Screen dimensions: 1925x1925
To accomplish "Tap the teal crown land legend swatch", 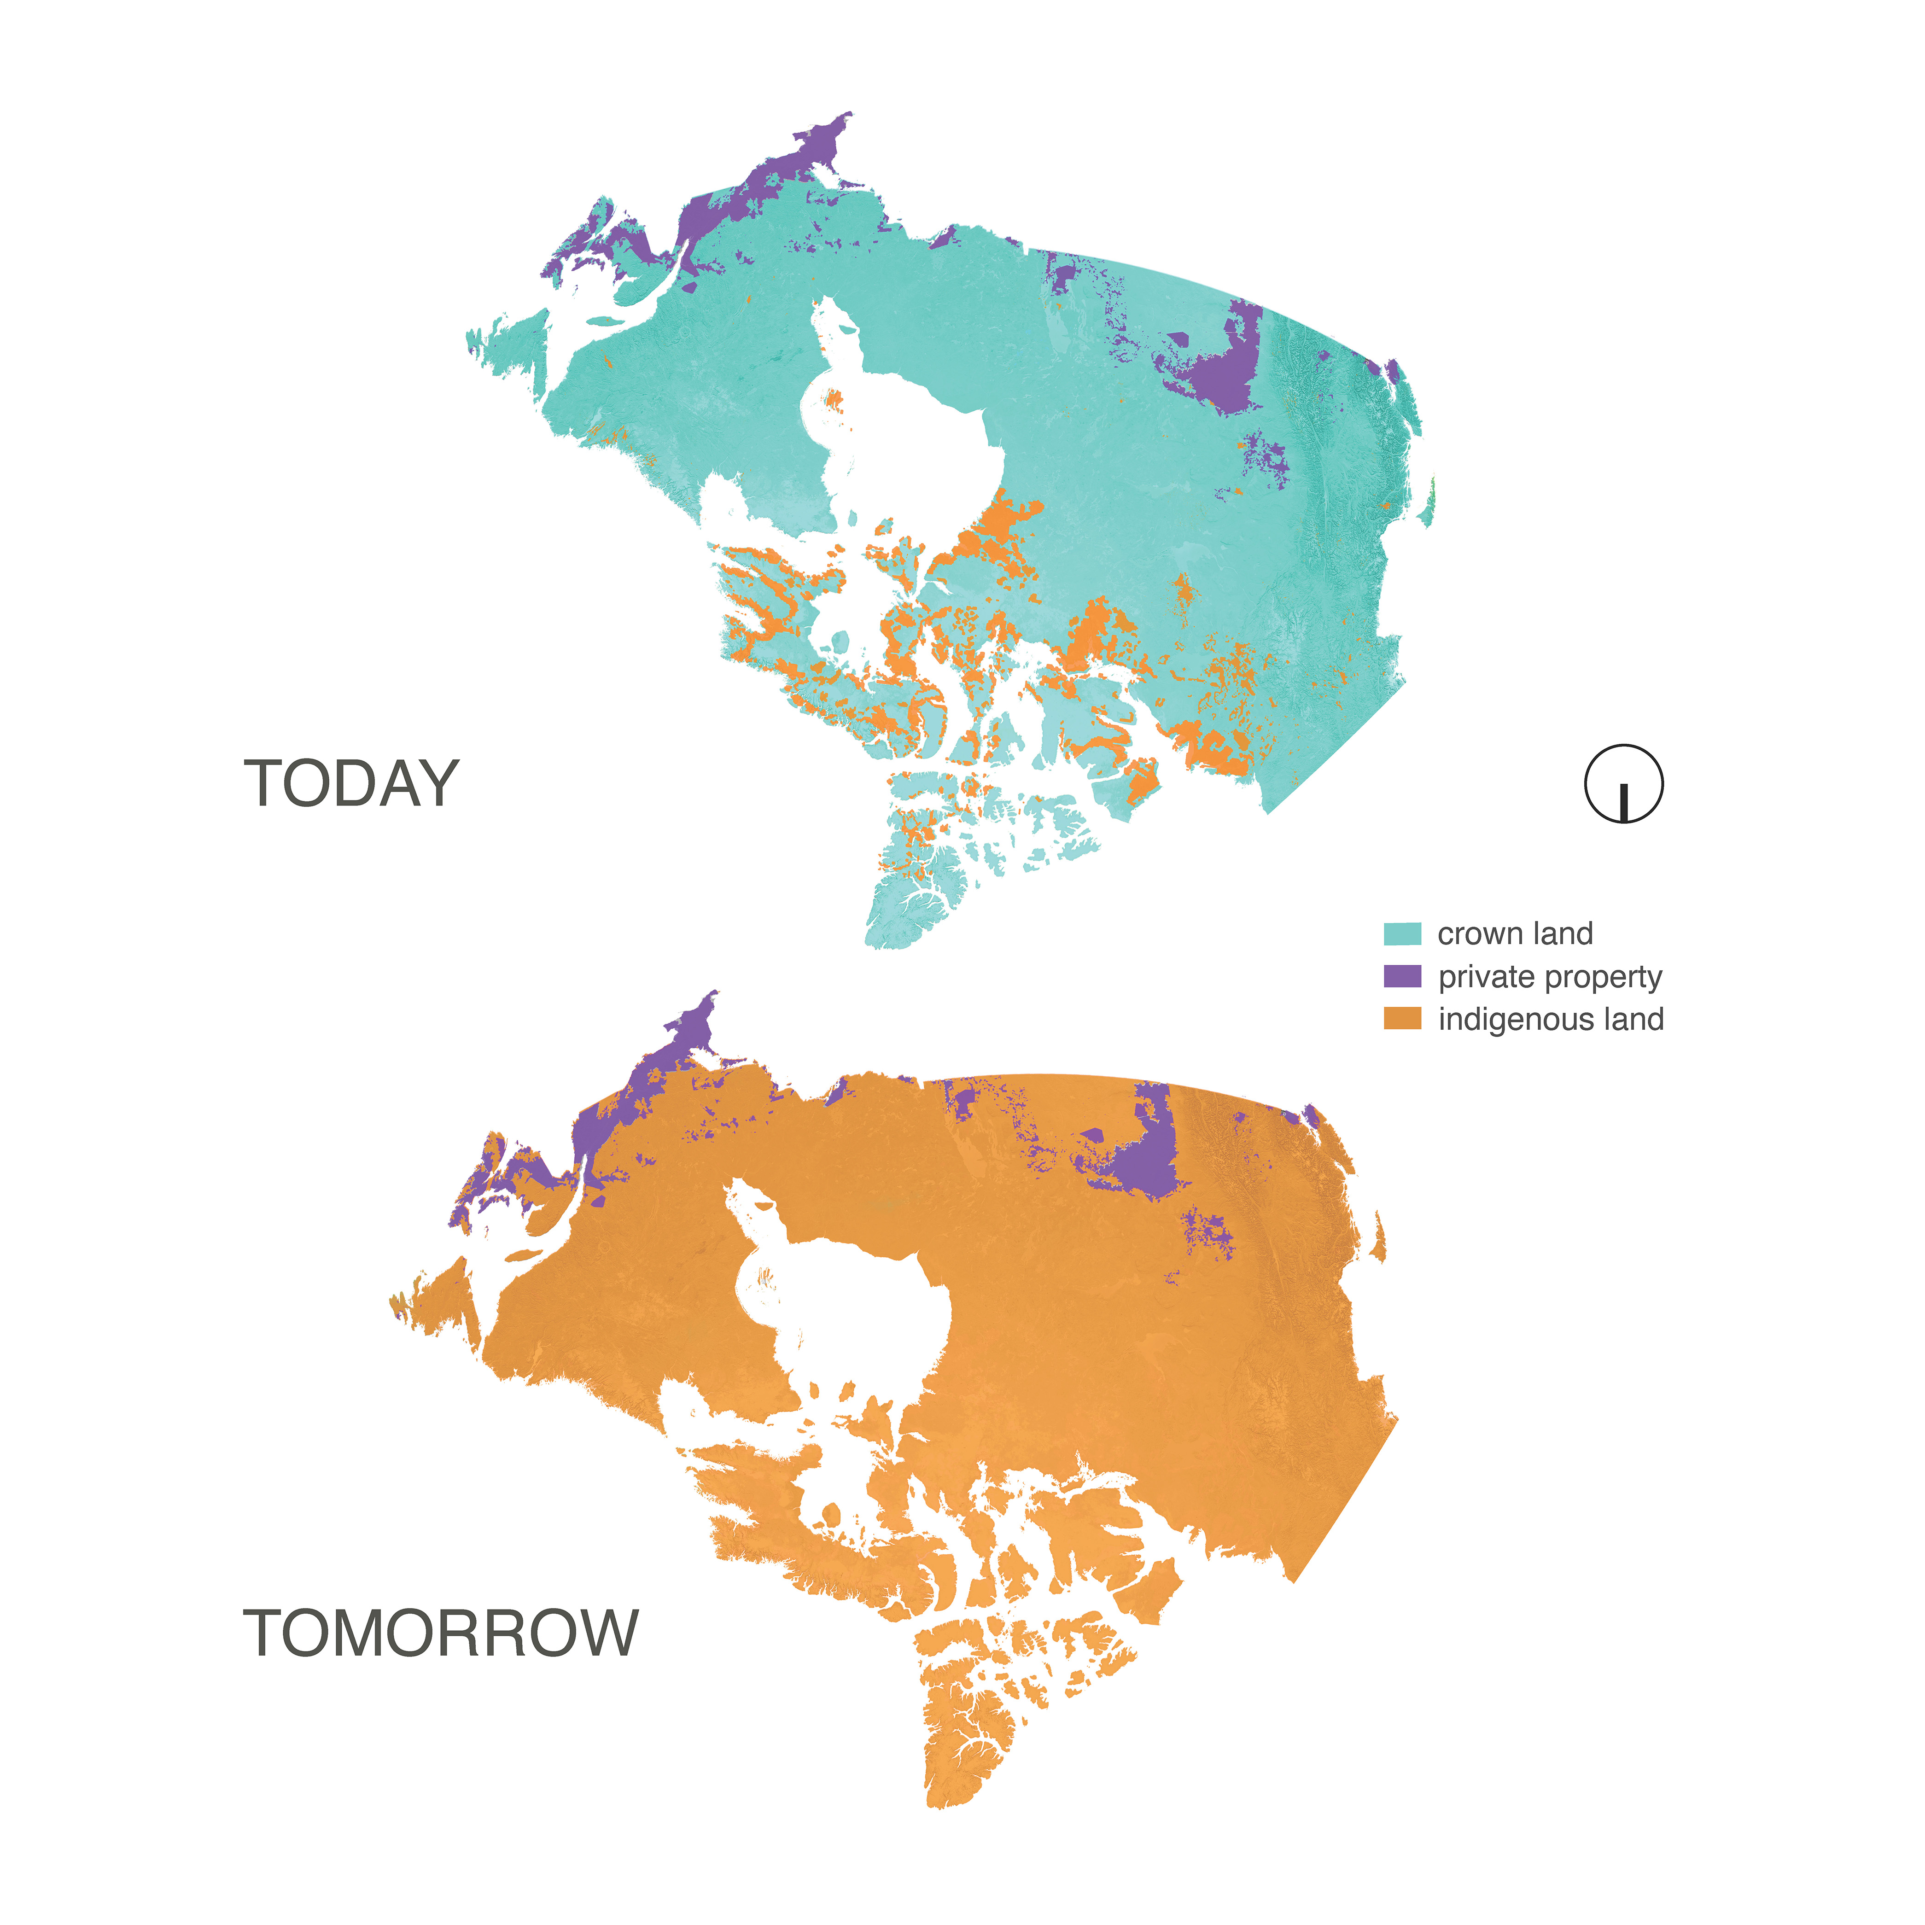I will click(1402, 933).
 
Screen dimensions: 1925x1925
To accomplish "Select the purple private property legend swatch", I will click(1402, 976).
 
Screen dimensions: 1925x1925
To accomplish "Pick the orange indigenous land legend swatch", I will click(1402, 1018).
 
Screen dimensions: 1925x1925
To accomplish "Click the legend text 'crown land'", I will click(1515, 933).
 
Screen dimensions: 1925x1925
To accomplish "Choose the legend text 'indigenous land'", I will click(1551, 1019).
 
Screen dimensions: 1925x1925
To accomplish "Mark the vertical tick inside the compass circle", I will click(1624, 802).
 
